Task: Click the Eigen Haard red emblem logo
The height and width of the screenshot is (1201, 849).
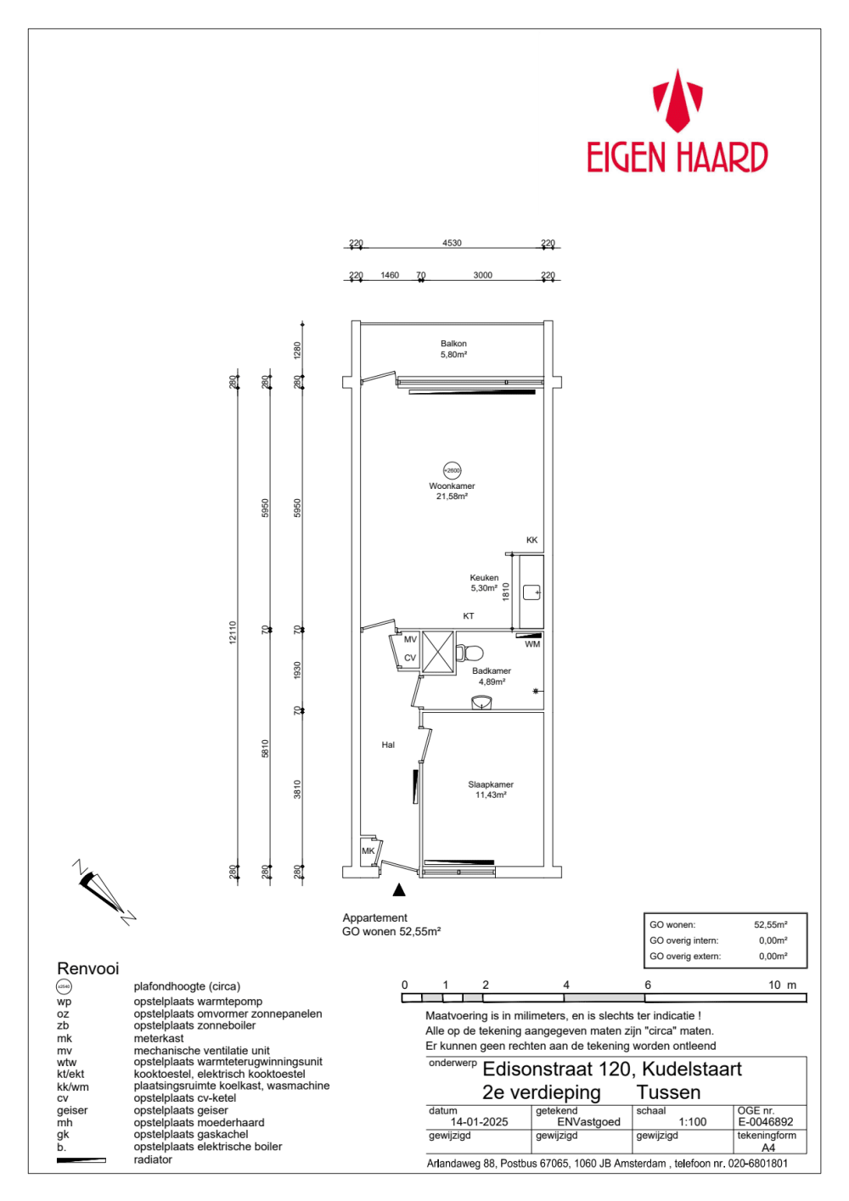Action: click(677, 100)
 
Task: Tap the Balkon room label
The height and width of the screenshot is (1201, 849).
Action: click(453, 349)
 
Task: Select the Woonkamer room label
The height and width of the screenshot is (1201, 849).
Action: click(452, 491)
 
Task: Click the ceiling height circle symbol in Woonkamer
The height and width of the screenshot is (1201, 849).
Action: click(453, 470)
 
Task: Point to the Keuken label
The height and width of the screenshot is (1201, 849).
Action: click(484, 582)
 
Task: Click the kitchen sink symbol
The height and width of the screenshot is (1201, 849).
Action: click(531, 592)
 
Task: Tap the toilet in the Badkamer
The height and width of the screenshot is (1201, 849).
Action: click(469, 653)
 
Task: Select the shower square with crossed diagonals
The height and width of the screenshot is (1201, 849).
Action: click(438, 652)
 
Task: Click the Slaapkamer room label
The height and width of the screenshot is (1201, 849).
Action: click(491, 789)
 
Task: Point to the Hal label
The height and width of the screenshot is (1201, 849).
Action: click(388, 745)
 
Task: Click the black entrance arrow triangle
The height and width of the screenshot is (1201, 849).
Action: click(399, 890)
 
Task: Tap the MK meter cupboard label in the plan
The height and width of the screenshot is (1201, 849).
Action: click(368, 850)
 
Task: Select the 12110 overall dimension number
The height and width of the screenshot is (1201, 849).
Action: click(233, 632)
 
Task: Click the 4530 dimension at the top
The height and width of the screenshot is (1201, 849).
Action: click(452, 243)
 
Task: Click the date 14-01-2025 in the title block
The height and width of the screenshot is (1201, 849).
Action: click(479, 1122)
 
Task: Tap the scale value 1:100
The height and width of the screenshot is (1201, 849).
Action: click(693, 1122)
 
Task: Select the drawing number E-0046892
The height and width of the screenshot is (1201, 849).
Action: click(766, 1122)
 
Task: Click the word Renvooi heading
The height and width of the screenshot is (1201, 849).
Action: click(87, 968)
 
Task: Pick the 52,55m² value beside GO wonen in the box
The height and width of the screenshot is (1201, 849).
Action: click(770, 925)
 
